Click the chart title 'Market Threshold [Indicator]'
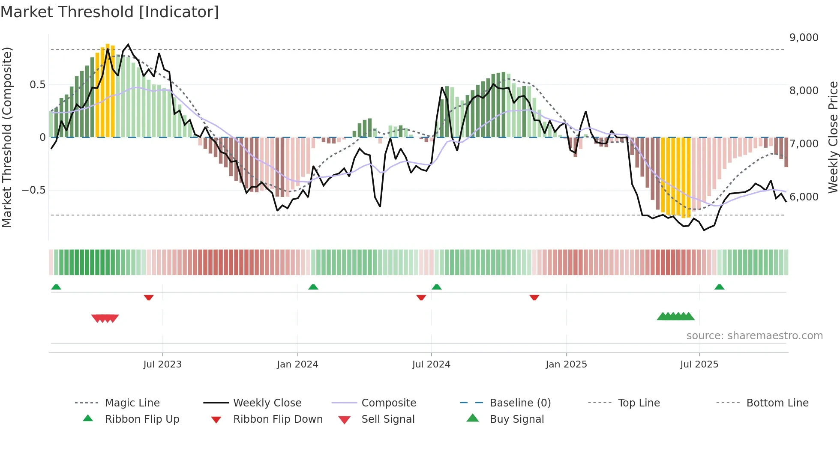click(x=110, y=12)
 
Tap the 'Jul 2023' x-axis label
click(x=162, y=364)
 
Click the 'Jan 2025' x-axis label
click(x=566, y=364)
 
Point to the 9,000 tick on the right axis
click(x=804, y=38)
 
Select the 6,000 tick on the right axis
click(x=804, y=197)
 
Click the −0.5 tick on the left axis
click(x=33, y=190)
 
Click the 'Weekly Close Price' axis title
click(x=833, y=137)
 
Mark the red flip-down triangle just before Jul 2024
click(x=421, y=297)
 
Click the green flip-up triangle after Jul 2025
click(x=719, y=287)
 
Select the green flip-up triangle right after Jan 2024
click(x=313, y=287)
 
